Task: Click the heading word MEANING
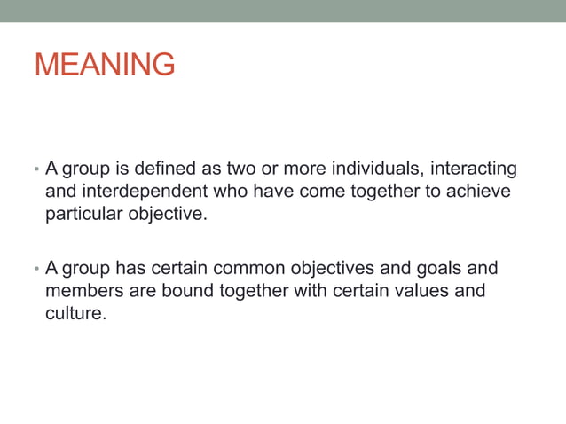[105, 65]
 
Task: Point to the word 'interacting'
[473, 168]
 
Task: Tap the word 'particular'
[82, 214]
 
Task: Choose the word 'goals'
[423, 268]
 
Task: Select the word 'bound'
[186, 291]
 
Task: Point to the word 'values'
[421, 291]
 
